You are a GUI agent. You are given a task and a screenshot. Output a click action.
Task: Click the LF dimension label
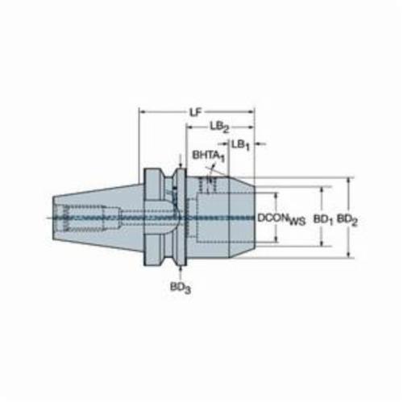[196, 113]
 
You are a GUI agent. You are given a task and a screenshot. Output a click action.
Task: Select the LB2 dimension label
[219, 127]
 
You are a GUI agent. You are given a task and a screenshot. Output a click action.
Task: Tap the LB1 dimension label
[241, 145]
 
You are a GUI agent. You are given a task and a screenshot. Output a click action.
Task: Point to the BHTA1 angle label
[208, 156]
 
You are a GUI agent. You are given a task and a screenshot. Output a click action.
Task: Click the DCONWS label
[281, 219]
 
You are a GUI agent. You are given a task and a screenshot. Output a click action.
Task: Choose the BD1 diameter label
[323, 220]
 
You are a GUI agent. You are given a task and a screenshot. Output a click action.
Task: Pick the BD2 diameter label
[347, 219]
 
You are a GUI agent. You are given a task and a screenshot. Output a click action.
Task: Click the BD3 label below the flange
[181, 288]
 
